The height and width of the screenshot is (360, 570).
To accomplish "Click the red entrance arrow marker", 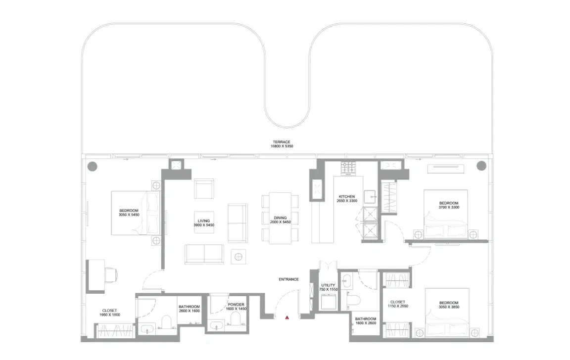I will point(286,318).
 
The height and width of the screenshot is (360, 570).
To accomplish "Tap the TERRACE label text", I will point(281,142).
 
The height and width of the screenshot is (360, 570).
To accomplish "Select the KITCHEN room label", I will point(347,196).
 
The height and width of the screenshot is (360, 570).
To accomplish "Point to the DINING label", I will point(281,218).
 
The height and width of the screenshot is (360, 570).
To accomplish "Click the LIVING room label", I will point(204,221).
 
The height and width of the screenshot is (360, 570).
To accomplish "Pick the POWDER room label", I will point(236,305).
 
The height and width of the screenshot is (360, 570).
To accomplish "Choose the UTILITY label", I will point(328,285).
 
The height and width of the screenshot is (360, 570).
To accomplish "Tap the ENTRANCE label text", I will point(288,279).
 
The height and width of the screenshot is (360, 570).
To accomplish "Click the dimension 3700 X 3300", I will point(449,207).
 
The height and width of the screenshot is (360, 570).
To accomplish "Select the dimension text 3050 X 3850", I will point(449,307).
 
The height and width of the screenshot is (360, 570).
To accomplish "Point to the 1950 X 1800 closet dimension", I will point(109,315).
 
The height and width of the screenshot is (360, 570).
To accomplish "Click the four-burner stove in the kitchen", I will point(349,168).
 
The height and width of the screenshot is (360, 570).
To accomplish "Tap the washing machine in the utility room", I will point(328,302).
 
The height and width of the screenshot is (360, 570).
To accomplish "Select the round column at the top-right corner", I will point(480,166).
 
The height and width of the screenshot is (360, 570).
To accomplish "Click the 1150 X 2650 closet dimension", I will point(398,307).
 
